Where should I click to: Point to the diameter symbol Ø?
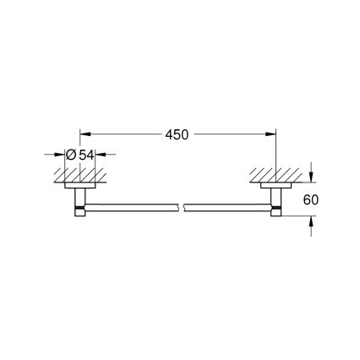point(72,155)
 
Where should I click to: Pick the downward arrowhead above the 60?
point(312,176)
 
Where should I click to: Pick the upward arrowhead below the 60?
point(312,221)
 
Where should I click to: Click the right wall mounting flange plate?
point(275,184)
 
